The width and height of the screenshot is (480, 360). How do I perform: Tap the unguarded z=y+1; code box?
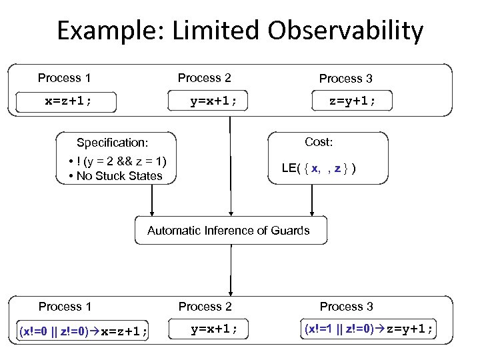[x=352, y=101]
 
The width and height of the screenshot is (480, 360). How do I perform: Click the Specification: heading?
[x=112, y=143]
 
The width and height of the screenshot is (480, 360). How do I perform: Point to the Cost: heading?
[x=319, y=142]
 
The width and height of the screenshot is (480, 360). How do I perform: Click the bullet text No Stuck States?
[x=119, y=176]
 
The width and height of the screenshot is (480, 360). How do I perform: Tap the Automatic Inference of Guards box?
[x=228, y=231]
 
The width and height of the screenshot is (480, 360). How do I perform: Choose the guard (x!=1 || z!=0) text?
[x=339, y=329]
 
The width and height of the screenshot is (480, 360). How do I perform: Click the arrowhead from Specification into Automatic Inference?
[x=152, y=211]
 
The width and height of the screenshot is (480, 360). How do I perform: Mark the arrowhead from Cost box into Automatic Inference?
[x=311, y=211]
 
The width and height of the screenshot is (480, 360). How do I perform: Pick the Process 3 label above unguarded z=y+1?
[x=345, y=79]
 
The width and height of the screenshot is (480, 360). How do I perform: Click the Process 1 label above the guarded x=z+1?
[x=65, y=307]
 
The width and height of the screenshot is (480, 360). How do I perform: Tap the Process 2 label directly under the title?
[x=204, y=78]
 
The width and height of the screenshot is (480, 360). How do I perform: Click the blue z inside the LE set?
[x=338, y=169]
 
